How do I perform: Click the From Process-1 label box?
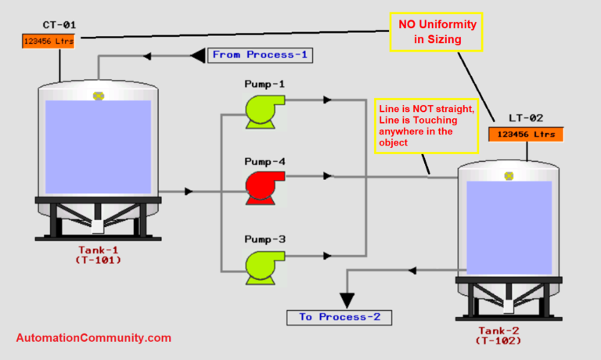click(x=260, y=55)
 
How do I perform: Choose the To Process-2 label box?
click(x=338, y=317)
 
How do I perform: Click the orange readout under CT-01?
click(x=48, y=40)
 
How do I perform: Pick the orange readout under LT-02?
click(x=526, y=134)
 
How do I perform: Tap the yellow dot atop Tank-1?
click(x=99, y=95)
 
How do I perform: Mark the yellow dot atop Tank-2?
click(x=509, y=176)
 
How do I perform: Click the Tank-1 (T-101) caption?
click(x=99, y=254)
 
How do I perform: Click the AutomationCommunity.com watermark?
click(x=93, y=338)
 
